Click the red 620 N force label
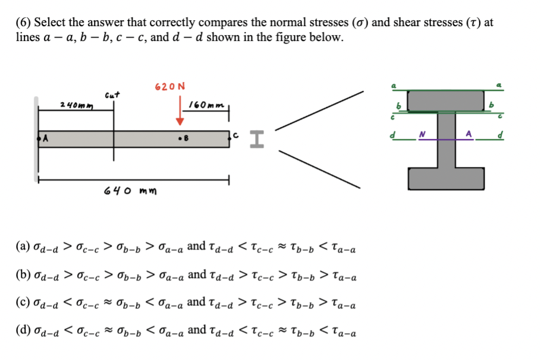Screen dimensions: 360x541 tap(169, 87)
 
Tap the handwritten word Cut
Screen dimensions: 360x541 tap(112, 94)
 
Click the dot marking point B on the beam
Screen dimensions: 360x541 tap(180, 140)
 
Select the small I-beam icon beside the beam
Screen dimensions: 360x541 tap(254, 140)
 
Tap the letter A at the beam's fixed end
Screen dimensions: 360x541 tap(43, 140)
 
